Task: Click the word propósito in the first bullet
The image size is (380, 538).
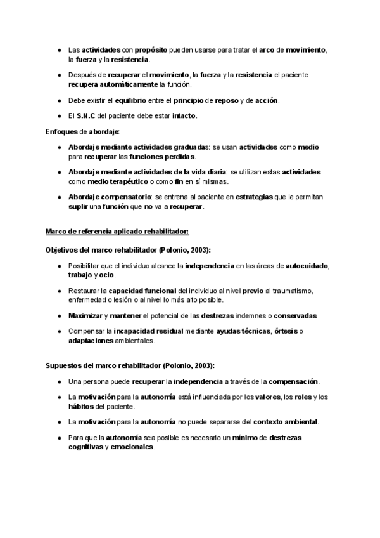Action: pos(152,49)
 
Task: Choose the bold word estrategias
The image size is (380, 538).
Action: pos(254,197)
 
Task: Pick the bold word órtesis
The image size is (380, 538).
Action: pos(283,331)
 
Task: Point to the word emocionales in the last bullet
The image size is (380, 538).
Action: pos(132,447)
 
